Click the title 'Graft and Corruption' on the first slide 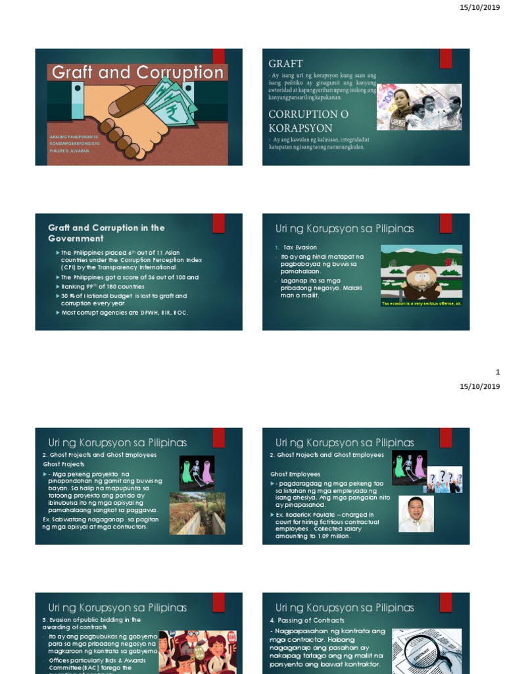coord(137,72)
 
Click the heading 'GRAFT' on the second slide coord(285,64)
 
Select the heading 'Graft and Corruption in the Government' coord(106,233)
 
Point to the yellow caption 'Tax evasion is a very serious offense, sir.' coord(421,303)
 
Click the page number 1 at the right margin coord(498,373)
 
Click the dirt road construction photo coord(197,513)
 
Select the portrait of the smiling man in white coord(416,513)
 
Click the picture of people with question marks coord(445,480)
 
